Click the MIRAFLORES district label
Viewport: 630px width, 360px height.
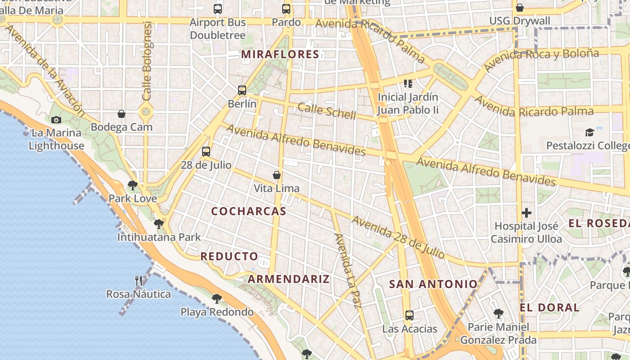[280, 54]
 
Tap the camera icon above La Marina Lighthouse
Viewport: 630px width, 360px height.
[56, 120]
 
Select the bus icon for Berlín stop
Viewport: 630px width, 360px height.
[242, 90]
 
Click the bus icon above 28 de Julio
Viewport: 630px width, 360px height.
[206, 152]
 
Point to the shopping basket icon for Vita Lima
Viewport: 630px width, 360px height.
[277, 175]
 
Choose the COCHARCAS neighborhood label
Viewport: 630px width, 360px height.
[248, 211]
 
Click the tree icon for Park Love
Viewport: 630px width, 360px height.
[133, 185]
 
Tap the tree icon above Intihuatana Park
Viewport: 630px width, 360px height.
[158, 224]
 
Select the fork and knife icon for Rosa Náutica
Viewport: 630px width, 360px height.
[139, 281]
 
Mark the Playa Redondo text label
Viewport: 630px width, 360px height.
[217, 312]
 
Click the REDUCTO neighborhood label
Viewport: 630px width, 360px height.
[229, 256]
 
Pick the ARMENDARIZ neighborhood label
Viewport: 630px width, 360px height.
[288, 279]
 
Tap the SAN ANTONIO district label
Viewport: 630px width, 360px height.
[433, 284]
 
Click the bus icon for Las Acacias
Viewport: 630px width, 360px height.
[409, 315]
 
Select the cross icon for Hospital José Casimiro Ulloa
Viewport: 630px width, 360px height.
[526, 212]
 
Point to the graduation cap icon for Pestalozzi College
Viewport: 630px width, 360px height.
[589, 132]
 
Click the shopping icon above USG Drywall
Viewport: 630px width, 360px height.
[520, 8]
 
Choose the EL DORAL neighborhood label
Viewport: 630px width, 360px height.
[549, 308]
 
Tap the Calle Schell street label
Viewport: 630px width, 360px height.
[327, 110]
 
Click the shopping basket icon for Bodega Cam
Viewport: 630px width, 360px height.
[121, 114]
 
